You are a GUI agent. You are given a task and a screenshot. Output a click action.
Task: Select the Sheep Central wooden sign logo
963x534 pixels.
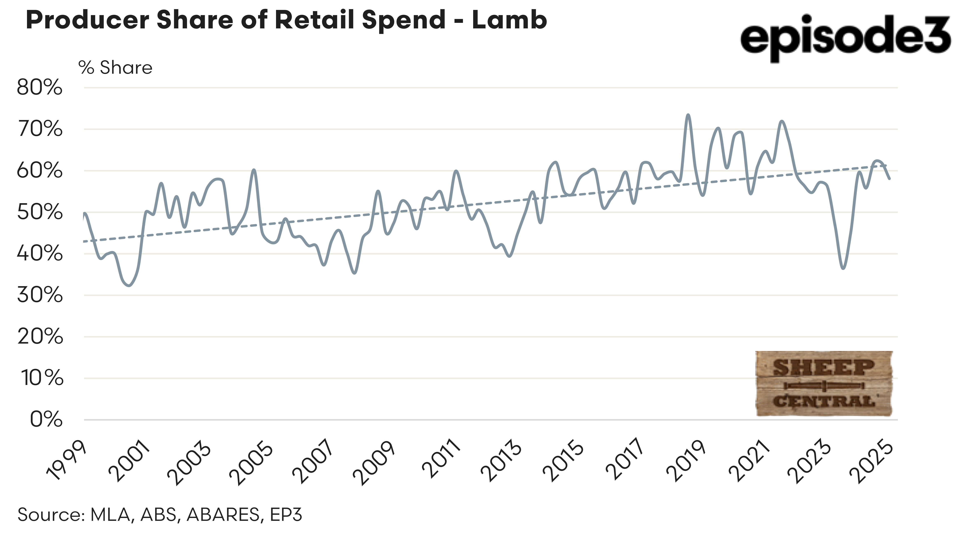click(x=824, y=383)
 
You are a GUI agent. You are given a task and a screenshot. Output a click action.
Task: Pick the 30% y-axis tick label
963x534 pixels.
click(x=40, y=295)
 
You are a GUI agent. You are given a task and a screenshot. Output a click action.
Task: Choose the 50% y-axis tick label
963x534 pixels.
click(x=40, y=213)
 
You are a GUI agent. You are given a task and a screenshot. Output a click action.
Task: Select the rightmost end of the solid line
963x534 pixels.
click(x=889, y=179)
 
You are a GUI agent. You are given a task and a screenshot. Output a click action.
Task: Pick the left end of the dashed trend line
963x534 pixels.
click(x=84, y=241)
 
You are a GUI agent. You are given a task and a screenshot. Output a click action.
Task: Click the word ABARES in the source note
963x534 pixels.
click(x=223, y=515)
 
